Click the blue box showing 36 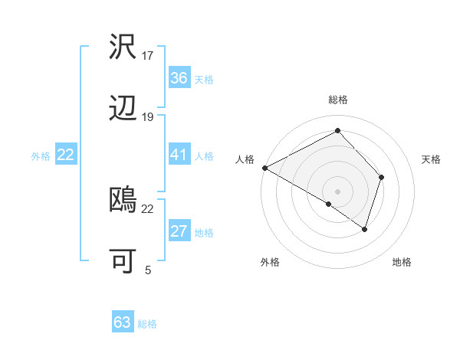pos(179,78)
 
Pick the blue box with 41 pos(179,155)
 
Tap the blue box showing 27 pos(179,232)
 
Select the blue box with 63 pos(123,322)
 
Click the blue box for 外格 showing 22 pos(66,155)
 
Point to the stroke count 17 pos(148,55)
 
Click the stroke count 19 pos(148,116)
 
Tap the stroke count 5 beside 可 pos(148,270)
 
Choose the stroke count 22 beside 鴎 pos(148,208)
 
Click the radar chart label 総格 pos(337,100)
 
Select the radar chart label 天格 pos(432,159)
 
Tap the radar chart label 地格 pos(402,263)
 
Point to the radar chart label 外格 pos(270,263)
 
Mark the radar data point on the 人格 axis pos(264,167)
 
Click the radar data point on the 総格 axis pos(337,130)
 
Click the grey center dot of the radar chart pos(337,191)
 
